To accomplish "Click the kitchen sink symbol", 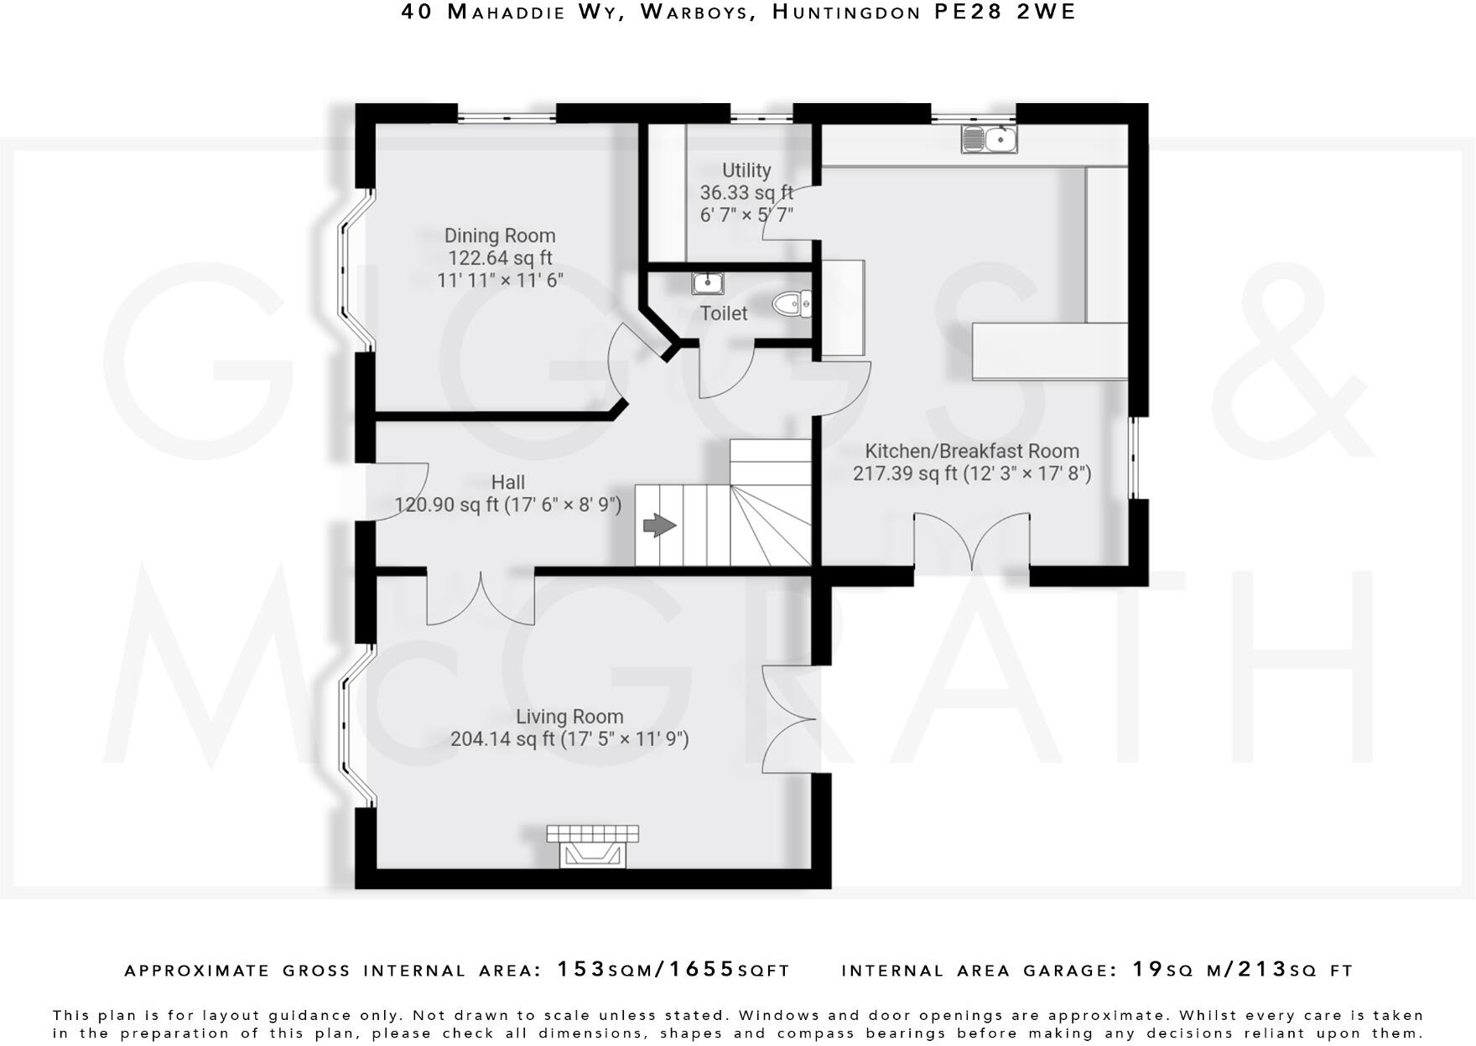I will click(x=989, y=139).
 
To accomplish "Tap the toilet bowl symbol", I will click(x=791, y=303).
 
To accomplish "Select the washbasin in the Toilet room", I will click(x=708, y=283).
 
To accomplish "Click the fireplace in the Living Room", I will click(x=593, y=847).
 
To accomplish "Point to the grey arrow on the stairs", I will click(x=660, y=526).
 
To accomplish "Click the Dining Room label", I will click(x=500, y=236).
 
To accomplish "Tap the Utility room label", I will click(x=746, y=170).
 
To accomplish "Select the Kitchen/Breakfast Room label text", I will click(x=971, y=451).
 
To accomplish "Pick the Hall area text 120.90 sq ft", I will click(x=446, y=505).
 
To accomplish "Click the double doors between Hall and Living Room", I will click(x=481, y=598).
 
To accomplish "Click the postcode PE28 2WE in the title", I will click(x=1005, y=12).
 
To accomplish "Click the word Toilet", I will click(x=723, y=313).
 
